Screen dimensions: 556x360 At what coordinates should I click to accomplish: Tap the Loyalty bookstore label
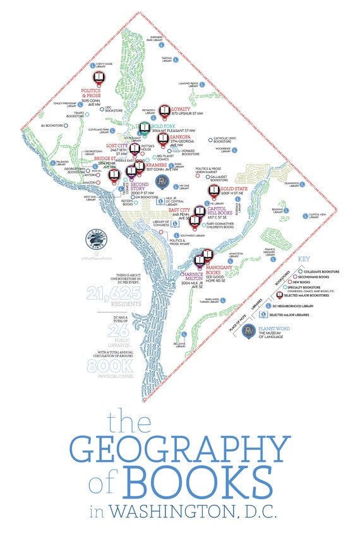[x=182, y=109]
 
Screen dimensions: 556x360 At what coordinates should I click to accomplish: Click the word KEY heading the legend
[x=304, y=259]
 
